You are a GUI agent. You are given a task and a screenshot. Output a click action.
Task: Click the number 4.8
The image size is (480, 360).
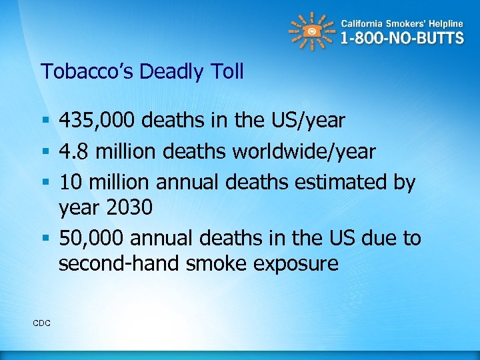(73, 151)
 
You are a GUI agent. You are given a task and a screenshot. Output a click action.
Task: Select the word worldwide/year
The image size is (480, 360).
(303, 151)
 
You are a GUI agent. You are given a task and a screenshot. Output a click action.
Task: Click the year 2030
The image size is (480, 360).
(129, 207)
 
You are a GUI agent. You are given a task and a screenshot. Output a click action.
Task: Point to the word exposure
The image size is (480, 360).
(297, 263)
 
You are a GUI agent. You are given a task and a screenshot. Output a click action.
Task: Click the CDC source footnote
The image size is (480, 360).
(41, 323)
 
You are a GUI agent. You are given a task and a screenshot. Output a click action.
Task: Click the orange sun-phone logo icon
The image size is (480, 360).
(310, 31)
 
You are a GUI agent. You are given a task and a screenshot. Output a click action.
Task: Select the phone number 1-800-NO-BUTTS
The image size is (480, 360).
(402, 38)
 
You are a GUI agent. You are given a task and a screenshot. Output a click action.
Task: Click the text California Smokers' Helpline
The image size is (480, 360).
(402, 21)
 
